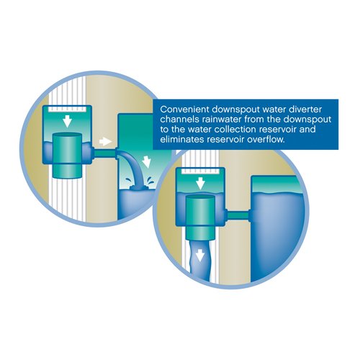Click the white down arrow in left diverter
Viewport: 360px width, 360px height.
[67, 121]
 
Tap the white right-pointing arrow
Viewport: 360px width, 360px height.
[106, 141]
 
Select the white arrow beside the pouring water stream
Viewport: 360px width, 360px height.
[146, 161]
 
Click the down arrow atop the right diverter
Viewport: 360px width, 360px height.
[200, 184]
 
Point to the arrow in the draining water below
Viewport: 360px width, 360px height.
[200, 256]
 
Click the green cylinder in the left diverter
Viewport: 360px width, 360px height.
[67, 156]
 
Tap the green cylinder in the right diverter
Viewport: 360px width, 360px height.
[200, 217]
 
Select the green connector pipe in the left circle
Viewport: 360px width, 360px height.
[104, 153]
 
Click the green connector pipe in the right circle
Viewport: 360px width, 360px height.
[238, 215]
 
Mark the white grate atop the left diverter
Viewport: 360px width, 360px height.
[67, 109]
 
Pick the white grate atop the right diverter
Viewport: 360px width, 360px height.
[200, 171]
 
